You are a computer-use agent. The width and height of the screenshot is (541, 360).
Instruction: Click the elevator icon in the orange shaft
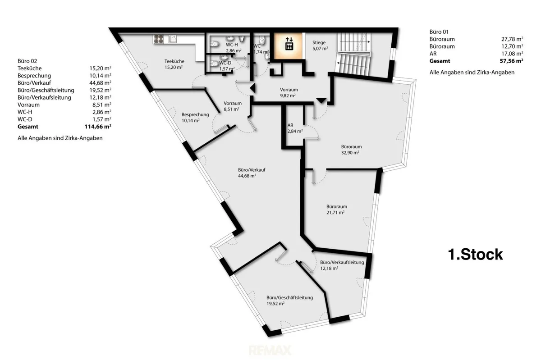tap(289, 44)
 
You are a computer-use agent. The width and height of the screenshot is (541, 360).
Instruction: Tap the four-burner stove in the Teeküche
tap(158, 39)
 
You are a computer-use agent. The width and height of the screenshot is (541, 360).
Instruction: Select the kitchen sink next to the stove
tap(173, 39)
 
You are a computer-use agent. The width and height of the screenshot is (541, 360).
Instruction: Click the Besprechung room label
tap(195, 114)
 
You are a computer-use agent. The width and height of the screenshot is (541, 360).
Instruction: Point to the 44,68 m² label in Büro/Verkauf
tap(247, 176)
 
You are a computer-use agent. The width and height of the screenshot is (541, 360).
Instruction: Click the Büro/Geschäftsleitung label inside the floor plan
tap(289, 297)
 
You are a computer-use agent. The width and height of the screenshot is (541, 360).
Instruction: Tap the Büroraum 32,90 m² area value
tap(350, 153)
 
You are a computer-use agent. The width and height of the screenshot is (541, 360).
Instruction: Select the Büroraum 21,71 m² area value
tap(335, 213)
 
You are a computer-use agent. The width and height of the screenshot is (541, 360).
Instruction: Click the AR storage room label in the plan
tap(290, 125)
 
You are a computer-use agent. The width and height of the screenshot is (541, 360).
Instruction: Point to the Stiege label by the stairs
tap(319, 42)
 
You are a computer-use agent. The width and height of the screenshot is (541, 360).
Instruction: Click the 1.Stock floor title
tap(475, 254)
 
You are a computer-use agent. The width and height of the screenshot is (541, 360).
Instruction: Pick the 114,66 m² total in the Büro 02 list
tap(98, 127)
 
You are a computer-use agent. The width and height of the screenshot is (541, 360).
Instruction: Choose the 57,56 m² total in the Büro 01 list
tap(512, 61)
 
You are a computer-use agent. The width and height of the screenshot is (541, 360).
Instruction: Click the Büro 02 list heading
tap(28, 61)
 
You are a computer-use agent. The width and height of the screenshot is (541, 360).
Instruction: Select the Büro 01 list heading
tap(439, 32)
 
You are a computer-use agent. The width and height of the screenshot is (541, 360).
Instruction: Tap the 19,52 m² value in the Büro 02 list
tap(100, 90)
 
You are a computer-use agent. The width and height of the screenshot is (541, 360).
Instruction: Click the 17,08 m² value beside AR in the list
tap(512, 54)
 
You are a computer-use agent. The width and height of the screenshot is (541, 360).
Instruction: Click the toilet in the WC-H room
tap(214, 44)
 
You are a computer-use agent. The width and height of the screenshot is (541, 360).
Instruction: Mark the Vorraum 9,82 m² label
tap(289, 92)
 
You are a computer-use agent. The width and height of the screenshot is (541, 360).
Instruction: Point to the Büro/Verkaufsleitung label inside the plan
tap(342, 262)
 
